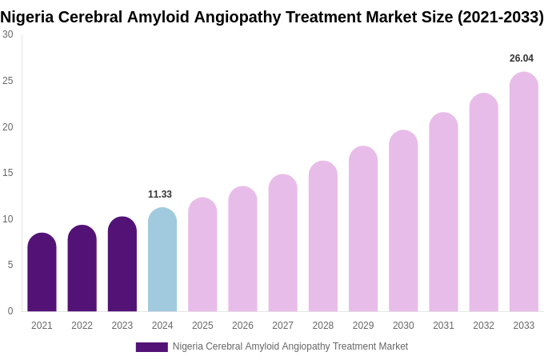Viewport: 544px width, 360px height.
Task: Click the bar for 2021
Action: [42, 273]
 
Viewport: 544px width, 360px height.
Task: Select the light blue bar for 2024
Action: [162, 260]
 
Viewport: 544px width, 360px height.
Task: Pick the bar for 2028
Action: [323, 237]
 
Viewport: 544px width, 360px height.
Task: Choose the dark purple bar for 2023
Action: [122, 265]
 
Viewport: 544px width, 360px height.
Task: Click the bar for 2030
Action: [403, 222]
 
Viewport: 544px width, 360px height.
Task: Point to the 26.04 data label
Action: [521, 58]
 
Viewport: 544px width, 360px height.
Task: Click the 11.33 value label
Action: [160, 194]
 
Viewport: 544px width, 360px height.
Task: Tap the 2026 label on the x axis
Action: [242, 326]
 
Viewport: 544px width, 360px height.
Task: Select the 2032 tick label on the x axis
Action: [483, 326]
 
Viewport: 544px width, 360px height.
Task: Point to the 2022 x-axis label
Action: [82, 326]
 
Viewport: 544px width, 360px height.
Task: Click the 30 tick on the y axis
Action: [8, 34]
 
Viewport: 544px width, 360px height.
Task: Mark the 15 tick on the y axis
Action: [8, 173]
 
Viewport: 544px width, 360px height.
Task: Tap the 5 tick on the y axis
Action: [10, 265]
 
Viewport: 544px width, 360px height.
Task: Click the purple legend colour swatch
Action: [151, 347]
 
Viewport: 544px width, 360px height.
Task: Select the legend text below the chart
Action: [290, 346]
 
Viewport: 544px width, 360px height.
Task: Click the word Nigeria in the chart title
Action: [28, 17]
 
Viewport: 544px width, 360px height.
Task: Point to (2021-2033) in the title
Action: [500, 17]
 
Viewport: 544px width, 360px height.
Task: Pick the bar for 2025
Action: [202, 255]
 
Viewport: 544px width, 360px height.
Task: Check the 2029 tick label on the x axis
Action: [363, 326]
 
